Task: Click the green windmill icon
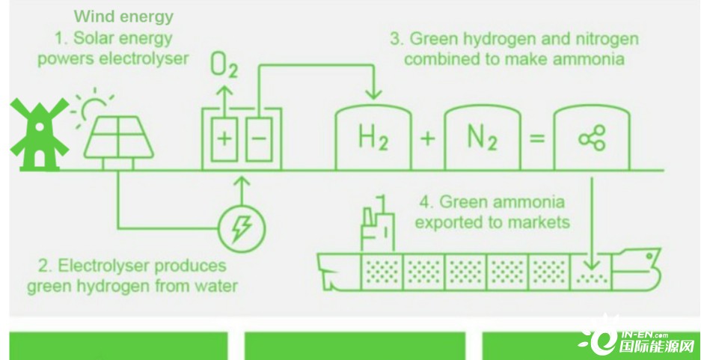(40, 134)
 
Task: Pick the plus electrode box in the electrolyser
(224, 139)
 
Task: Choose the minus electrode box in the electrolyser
(258, 139)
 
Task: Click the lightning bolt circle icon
(242, 230)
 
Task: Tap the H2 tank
(373, 137)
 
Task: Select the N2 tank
(483, 137)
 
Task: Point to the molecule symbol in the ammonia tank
(592, 138)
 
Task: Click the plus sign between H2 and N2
(428, 138)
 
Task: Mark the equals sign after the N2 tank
(537, 138)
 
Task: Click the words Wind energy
(123, 16)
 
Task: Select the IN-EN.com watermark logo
(638, 341)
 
